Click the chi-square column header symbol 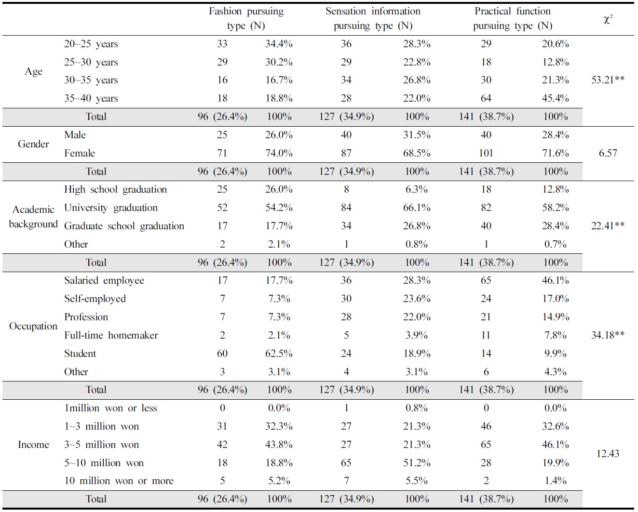[x=608, y=19]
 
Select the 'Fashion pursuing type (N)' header [x=246, y=18]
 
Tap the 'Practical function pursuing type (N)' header [x=512, y=18]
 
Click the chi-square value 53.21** [x=608, y=80]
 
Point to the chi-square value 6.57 [x=608, y=153]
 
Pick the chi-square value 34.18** [x=608, y=335]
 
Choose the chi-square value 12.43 [x=608, y=454]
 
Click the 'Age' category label [x=33, y=71]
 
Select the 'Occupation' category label [x=33, y=326]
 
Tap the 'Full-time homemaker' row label [x=111, y=335]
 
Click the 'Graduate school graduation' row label [x=124, y=226]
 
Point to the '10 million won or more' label [x=119, y=481]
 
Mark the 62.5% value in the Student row [x=279, y=354]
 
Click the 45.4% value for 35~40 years [x=555, y=98]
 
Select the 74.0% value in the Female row [x=279, y=153]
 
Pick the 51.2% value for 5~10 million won [x=417, y=463]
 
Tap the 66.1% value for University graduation [x=417, y=208]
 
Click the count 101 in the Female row [x=486, y=153]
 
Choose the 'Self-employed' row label [x=95, y=299]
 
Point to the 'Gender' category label [x=33, y=144]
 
